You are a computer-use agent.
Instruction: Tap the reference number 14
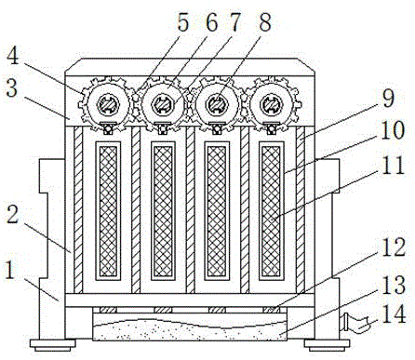(x=394, y=314)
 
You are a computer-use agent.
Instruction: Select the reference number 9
(x=388, y=98)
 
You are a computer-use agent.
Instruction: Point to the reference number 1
(x=10, y=270)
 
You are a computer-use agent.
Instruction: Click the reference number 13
(x=394, y=285)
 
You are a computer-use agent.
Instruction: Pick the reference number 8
(x=264, y=22)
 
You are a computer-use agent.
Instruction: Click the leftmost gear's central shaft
(x=107, y=104)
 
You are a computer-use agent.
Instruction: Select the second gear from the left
(x=161, y=104)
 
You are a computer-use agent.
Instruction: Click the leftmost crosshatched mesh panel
(x=108, y=211)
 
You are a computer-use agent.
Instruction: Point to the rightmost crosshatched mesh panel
(x=271, y=211)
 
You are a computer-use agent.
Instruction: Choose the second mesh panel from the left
(x=163, y=211)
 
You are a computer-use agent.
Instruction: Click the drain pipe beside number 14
(x=355, y=324)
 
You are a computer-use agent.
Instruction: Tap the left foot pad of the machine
(x=53, y=345)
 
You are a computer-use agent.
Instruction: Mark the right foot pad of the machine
(x=327, y=345)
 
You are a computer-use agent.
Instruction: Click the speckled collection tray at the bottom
(x=190, y=327)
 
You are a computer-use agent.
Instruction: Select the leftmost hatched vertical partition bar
(x=78, y=210)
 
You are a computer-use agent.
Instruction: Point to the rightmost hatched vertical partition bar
(x=300, y=210)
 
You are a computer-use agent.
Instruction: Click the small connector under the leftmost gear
(x=108, y=128)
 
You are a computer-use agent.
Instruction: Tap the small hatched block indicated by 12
(x=271, y=310)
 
